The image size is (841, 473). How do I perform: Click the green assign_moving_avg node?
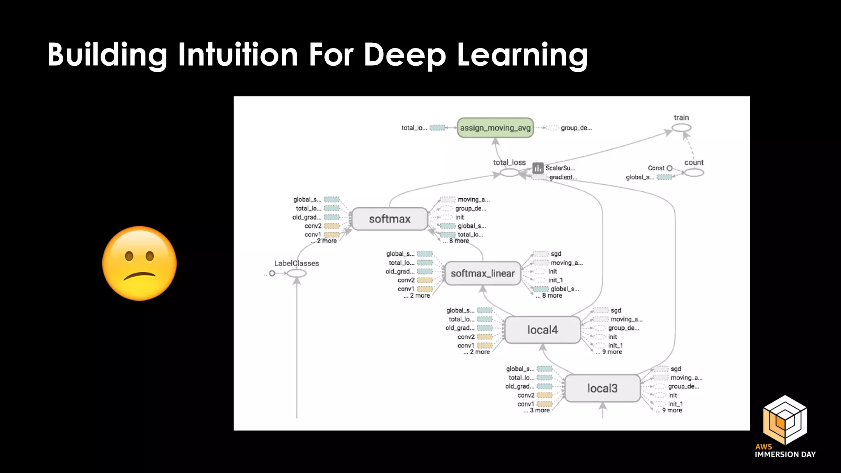pos(495,128)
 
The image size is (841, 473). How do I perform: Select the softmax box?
pos(389,219)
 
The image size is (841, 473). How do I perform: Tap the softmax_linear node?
pos(483,273)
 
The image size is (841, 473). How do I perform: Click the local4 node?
pos(542,330)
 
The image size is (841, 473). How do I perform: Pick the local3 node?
pos(602,388)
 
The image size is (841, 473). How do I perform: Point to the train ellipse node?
pos(681,128)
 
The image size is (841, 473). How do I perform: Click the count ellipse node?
pos(694,172)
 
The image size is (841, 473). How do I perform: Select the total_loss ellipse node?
pos(510,173)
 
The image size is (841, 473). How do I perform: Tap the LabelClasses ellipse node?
pos(296,273)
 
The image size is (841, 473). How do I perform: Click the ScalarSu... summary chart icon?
pos(538,168)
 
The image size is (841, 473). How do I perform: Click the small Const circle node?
pos(669,168)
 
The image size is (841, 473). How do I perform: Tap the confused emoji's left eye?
pos(129,256)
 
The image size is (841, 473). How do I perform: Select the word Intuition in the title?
pos(238,55)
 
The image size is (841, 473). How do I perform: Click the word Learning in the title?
pos(522,55)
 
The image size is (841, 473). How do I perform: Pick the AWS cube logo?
pos(785,420)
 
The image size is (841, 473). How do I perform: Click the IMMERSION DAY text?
pos(785,455)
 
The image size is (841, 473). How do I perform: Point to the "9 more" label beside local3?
pos(672,410)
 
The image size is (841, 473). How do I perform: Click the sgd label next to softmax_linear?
pos(556,254)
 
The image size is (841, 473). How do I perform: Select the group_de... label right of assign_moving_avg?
pos(576,128)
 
